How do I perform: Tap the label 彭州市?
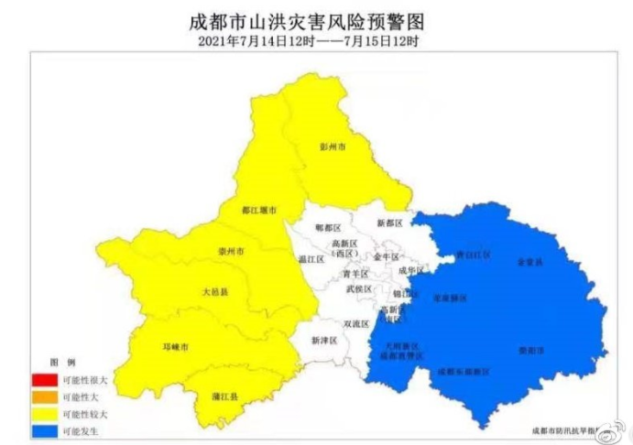pyautogui.click(x=333, y=147)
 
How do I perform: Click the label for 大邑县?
pyautogui.click(x=214, y=292)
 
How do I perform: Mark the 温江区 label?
pyautogui.click(x=312, y=260)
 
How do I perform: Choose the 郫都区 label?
pyautogui.click(x=326, y=225)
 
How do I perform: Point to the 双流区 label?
pyautogui.click(x=355, y=323)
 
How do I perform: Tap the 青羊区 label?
pyautogui.click(x=355, y=274)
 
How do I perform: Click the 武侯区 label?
pyautogui.click(x=359, y=289)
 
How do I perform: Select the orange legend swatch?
pyautogui.click(x=43, y=397)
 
